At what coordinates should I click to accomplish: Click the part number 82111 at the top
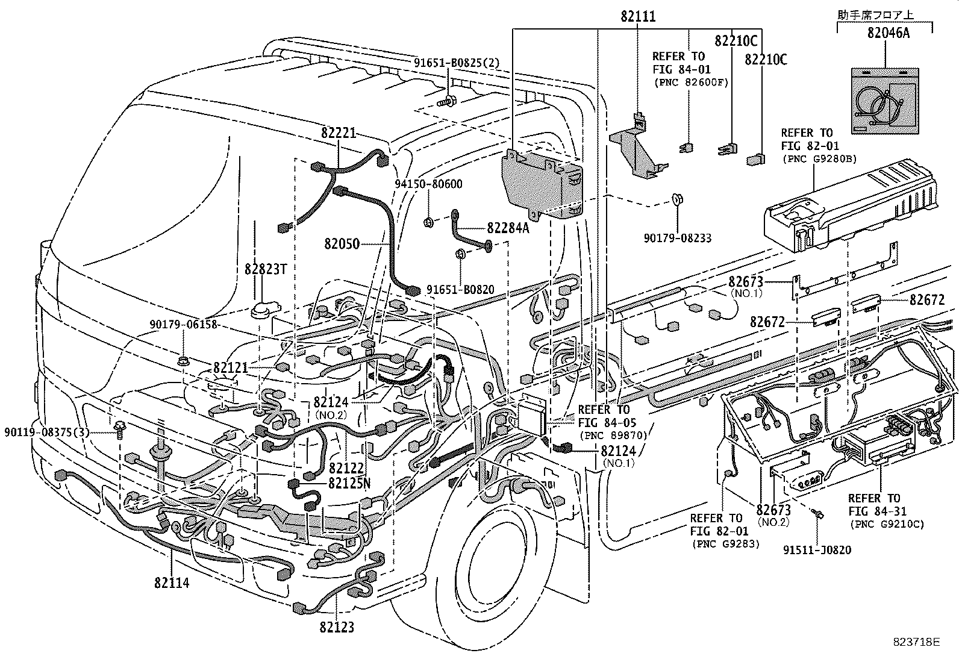tap(638, 17)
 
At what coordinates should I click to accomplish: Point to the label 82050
tap(342, 244)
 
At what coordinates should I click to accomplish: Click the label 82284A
tap(508, 228)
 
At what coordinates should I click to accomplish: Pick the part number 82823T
tap(265, 269)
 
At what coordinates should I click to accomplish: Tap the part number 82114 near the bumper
tap(172, 582)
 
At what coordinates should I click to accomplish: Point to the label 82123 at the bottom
tap(337, 627)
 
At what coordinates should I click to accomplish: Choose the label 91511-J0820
tap(817, 550)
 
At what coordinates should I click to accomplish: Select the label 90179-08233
tap(677, 239)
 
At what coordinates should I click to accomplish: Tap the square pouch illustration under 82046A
tap(885, 100)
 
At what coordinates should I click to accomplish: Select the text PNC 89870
tap(613, 434)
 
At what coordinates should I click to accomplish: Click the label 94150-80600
tap(429, 184)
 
